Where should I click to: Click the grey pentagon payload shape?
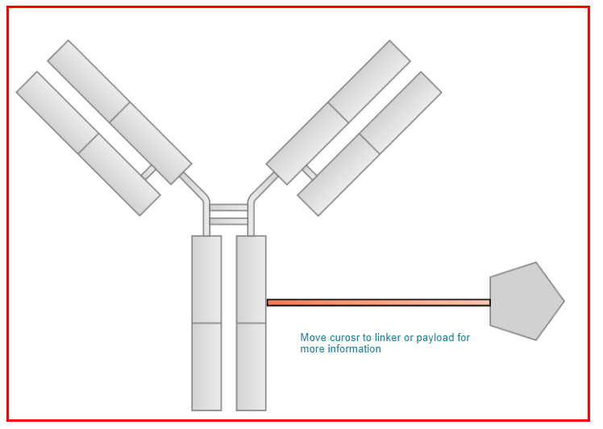click(525, 302)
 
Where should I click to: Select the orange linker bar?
click(378, 303)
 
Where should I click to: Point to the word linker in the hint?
click(388, 337)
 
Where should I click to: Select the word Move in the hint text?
click(313, 337)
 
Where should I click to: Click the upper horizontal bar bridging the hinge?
click(228, 208)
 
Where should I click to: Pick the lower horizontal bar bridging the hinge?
click(228, 222)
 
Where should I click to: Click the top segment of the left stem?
click(206, 279)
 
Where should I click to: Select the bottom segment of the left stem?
click(206, 367)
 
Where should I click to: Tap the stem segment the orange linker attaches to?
click(252, 279)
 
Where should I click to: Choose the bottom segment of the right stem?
click(252, 367)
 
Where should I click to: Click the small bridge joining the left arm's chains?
click(148, 173)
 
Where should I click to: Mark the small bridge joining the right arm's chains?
click(310, 173)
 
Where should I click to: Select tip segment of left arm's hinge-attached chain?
click(88, 81)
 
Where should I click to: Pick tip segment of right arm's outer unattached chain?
click(401, 113)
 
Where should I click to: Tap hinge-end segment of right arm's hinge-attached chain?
click(307, 144)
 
